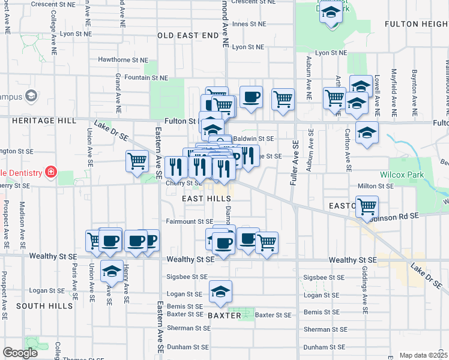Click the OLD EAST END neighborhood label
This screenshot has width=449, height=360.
(x=188, y=35)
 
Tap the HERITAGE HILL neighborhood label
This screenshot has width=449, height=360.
(x=44, y=121)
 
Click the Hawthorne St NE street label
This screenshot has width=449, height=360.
(x=122, y=60)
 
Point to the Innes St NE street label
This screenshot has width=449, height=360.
(x=248, y=24)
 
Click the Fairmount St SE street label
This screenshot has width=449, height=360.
(x=189, y=221)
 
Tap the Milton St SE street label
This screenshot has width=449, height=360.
(x=375, y=186)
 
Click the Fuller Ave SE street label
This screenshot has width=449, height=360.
(x=295, y=163)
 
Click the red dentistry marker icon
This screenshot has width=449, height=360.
(x=51, y=173)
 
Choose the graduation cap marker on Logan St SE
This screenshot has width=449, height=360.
(x=220, y=292)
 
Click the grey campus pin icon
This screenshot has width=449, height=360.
(x=31, y=96)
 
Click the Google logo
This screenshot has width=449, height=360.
(x=20, y=353)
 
